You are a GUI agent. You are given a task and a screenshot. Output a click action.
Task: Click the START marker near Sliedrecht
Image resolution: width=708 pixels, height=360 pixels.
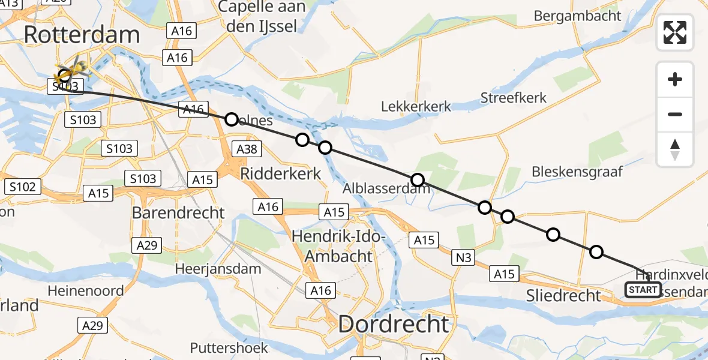coord(643,290)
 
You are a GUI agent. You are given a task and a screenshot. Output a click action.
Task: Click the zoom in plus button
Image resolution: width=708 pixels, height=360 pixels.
coord(675,79)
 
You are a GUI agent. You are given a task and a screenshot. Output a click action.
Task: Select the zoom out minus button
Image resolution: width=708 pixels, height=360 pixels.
coord(675,114)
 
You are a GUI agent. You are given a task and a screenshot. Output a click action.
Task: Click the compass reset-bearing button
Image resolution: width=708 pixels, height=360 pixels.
coord(675,149)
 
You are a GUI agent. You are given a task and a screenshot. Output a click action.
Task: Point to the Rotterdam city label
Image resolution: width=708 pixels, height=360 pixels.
coord(82,35)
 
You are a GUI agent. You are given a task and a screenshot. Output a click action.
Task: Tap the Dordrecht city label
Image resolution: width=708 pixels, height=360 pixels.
coord(393,324)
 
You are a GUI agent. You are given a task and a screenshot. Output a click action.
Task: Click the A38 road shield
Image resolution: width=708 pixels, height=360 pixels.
coord(248,148)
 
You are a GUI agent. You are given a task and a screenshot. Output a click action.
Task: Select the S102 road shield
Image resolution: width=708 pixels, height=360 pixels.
coord(22,187)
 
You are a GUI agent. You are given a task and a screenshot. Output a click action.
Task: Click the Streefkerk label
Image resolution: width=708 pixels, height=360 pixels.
coord(514,97)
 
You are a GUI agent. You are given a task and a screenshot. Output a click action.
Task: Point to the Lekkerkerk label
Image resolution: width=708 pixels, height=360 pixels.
coord(416,106)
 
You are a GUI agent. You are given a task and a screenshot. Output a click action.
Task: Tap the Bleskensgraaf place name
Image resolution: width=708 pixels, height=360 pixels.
coord(577,172)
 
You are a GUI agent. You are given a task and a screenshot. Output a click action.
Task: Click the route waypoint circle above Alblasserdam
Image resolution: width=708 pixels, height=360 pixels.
coord(418,180)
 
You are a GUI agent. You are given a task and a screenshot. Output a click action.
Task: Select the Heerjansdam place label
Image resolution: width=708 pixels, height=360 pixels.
coord(218,269)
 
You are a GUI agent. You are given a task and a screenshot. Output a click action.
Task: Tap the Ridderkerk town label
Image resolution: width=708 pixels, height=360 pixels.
coord(281,174)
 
